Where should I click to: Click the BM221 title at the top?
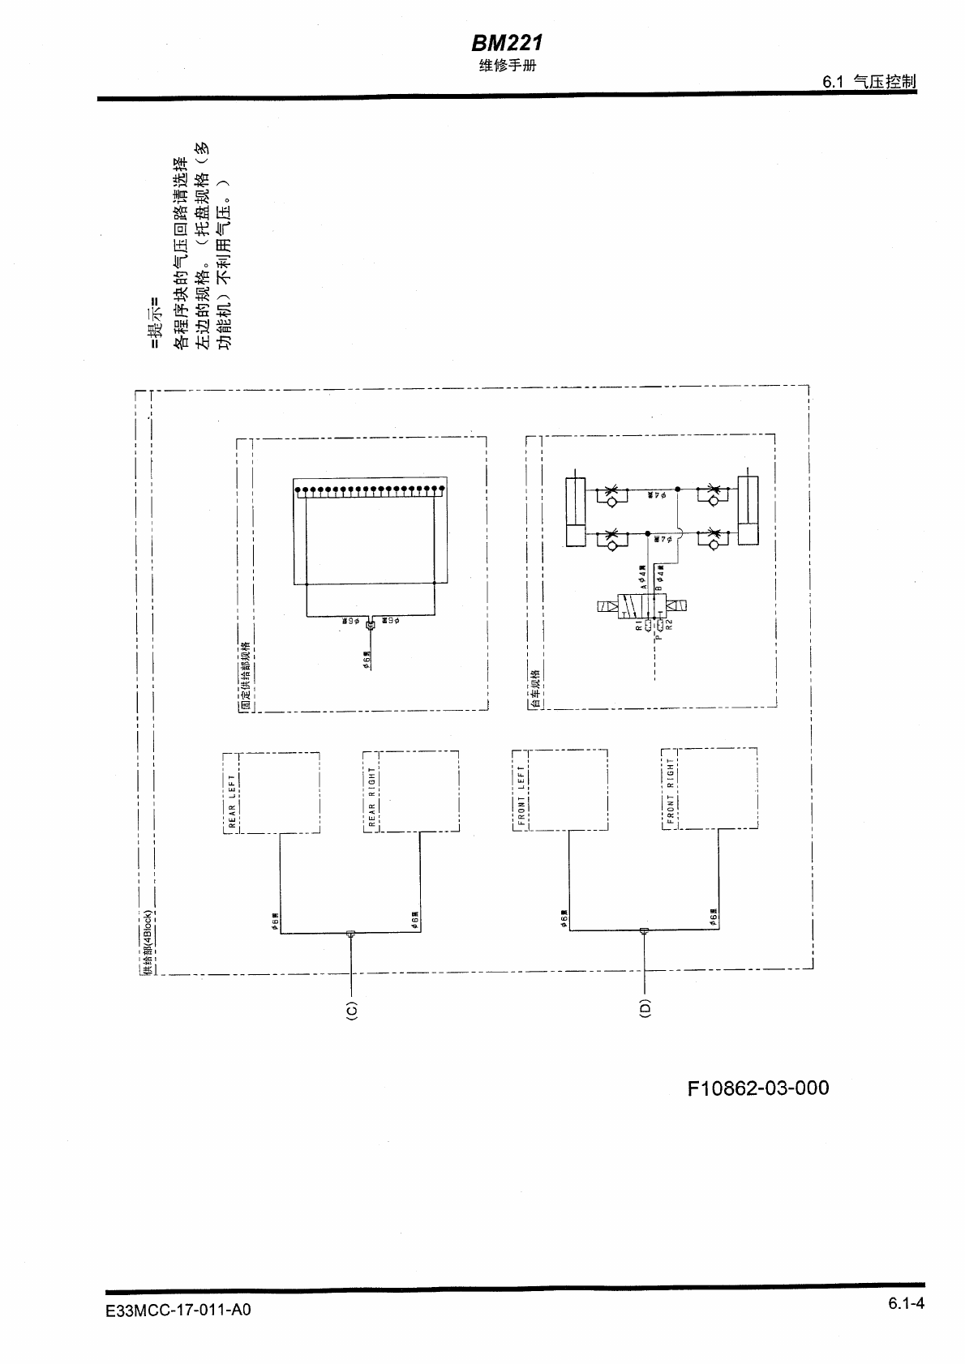coord(506,42)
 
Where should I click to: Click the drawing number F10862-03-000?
coord(757,1088)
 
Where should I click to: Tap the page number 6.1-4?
coord(906,1304)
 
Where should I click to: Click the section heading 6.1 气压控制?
coord(868,82)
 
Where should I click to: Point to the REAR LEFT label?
coord(232,802)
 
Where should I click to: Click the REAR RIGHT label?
coord(371,799)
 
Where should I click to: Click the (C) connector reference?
coord(351,1010)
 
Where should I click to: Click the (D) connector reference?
coord(645,1007)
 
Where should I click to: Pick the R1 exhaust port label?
coord(639,626)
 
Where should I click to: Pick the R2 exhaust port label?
coord(669,626)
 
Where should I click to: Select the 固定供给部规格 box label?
coord(245,677)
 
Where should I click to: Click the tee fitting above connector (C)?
coord(350,934)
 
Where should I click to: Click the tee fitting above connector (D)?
coord(644,931)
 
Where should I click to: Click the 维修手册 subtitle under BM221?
coord(506,66)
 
